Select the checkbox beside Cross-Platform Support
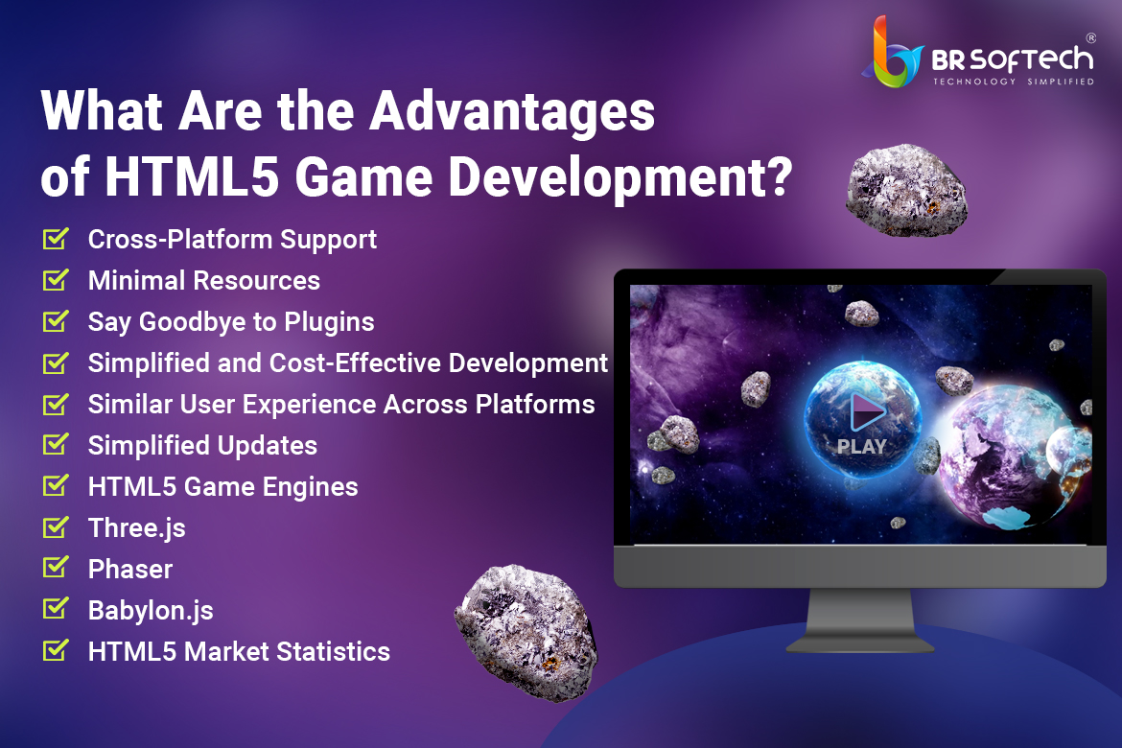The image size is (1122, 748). [56, 239]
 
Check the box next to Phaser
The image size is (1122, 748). [56, 568]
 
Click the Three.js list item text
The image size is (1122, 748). [137, 528]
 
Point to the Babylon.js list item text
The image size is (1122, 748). [151, 611]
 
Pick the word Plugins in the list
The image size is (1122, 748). [329, 322]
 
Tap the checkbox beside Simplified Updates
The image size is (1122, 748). [56, 445]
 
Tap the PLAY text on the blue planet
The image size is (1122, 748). [861, 447]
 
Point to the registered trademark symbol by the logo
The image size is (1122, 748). [1090, 38]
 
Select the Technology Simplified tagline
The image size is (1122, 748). [1014, 82]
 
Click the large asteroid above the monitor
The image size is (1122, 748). [906, 190]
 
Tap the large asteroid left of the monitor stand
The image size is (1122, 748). [526, 631]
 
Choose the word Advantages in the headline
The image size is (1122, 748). [512, 111]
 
